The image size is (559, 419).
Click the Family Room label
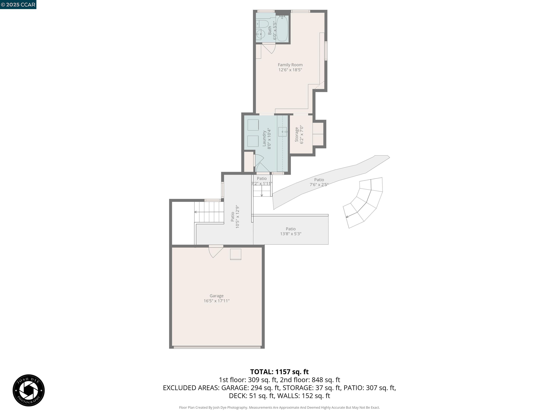(x=290, y=65)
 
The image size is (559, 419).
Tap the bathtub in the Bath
(x=282, y=29)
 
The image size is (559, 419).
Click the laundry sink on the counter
(x=282, y=132)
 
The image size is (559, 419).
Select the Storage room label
(x=297, y=135)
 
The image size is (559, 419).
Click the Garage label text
(x=217, y=296)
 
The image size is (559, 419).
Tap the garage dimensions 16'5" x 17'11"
(x=217, y=301)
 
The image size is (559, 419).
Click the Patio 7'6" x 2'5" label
(x=319, y=182)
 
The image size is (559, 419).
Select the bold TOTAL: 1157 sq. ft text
(x=279, y=372)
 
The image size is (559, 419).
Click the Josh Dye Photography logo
(x=29, y=390)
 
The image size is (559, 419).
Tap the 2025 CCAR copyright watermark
(x=18, y=5)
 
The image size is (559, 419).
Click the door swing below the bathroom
(x=269, y=49)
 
